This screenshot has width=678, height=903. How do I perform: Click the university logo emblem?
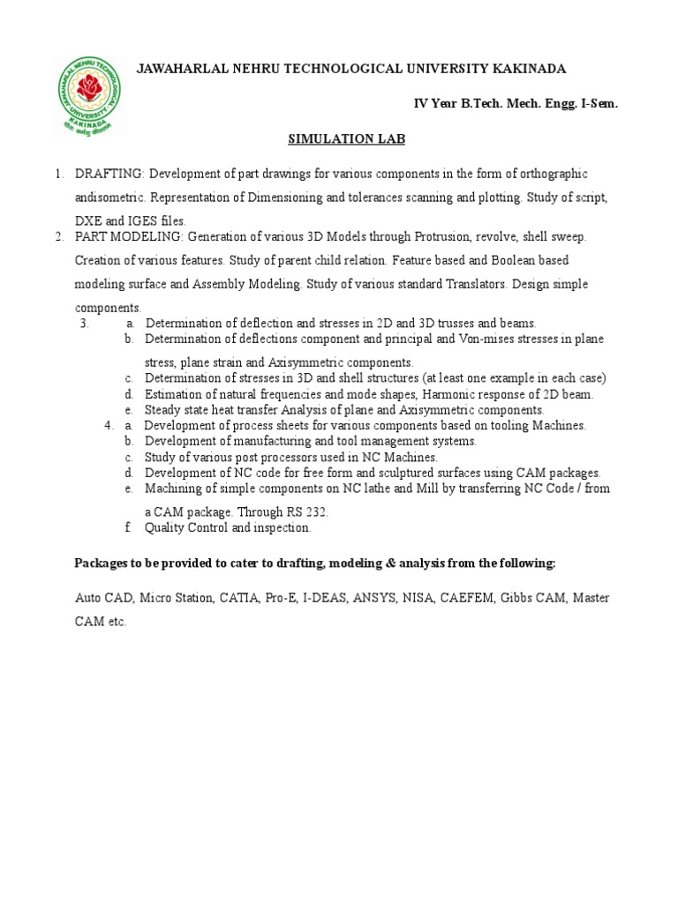pyautogui.click(x=87, y=96)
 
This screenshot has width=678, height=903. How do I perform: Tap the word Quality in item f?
pyautogui.click(x=166, y=527)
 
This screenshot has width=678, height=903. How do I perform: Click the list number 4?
pyautogui.click(x=108, y=425)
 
